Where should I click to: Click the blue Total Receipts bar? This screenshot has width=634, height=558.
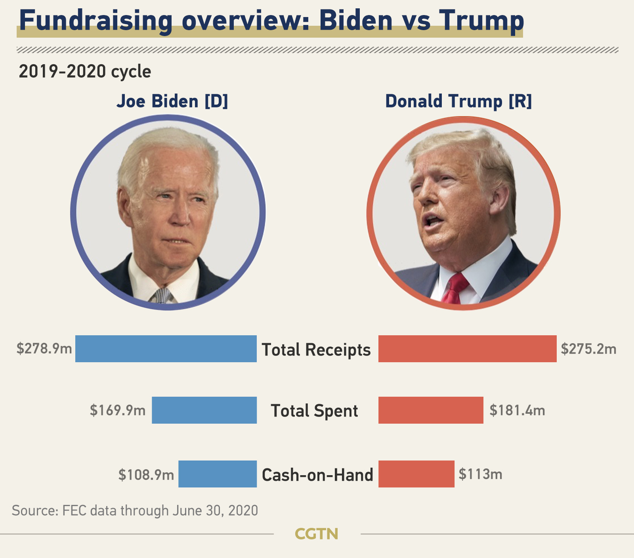[166, 349]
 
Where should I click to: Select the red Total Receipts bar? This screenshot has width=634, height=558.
[468, 349]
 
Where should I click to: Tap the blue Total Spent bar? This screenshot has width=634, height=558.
[204, 410]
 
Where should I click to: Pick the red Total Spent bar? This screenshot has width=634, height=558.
[431, 410]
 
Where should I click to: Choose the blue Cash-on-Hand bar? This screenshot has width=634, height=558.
[218, 474]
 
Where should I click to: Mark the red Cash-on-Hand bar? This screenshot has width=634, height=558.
[416, 474]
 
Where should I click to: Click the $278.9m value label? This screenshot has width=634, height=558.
[44, 349]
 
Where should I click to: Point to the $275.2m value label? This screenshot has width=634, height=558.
[588, 349]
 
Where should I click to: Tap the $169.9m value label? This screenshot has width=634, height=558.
[118, 410]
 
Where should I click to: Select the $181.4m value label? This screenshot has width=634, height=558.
[517, 410]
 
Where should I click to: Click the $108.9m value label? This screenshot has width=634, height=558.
[146, 474]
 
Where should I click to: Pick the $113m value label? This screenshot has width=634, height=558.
[480, 474]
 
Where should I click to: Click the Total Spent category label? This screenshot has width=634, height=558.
[314, 411]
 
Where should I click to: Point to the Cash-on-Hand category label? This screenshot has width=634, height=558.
[317, 475]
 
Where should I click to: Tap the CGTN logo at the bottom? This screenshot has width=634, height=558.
[317, 534]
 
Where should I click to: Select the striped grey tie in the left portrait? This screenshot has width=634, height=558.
[162, 296]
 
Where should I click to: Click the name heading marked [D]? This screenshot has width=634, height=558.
[172, 101]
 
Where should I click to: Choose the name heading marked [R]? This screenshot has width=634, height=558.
[458, 101]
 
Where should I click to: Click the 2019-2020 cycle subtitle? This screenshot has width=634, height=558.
[85, 72]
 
